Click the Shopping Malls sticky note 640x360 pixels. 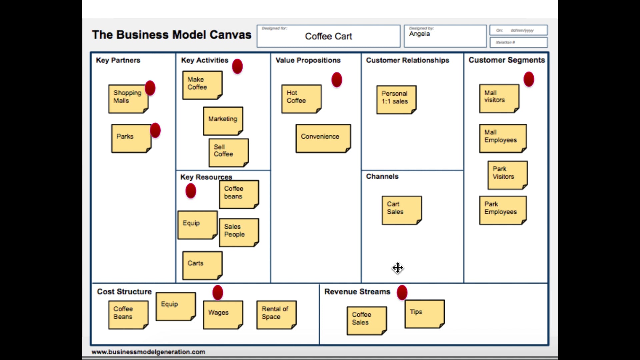[x=128, y=99]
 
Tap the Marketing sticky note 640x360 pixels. [x=223, y=121]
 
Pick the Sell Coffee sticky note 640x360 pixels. [x=228, y=153]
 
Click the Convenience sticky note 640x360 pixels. [x=323, y=138]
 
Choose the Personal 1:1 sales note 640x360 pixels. [x=396, y=100]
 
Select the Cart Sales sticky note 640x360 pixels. [x=401, y=210]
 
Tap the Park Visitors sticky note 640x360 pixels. [x=507, y=175]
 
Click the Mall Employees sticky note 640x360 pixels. [x=502, y=138]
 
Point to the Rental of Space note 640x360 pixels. [x=276, y=315]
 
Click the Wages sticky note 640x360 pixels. [x=223, y=315]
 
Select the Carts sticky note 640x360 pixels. [x=202, y=265]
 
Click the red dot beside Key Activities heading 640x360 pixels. [x=237, y=66]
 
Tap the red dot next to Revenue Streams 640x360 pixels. [x=402, y=292]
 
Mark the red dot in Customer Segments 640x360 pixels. [x=529, y=79]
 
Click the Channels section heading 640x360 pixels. [x=382, y=176]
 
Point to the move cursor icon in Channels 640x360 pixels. [x=398, y=268]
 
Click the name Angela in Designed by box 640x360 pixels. [x=419, y=34]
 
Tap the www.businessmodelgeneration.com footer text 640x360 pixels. [x=148, y=352]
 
